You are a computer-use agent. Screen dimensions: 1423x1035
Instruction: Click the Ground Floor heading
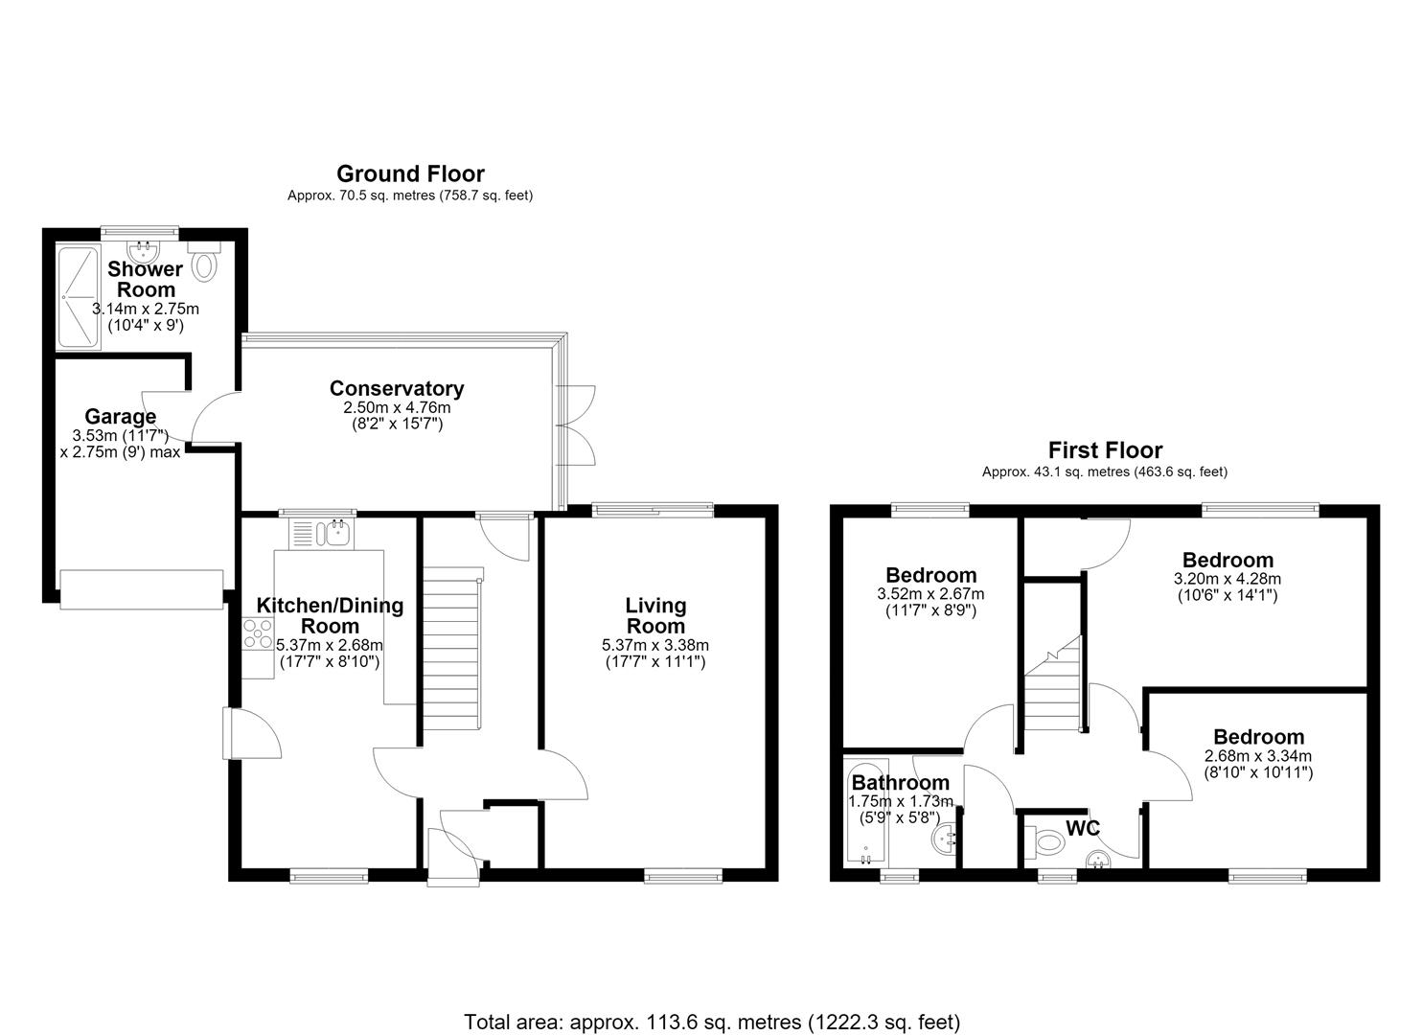410,173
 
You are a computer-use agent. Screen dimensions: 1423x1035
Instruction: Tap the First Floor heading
1105,450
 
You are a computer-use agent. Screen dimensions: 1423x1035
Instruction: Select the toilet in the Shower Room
204,261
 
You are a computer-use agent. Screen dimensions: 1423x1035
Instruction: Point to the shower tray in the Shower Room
79,296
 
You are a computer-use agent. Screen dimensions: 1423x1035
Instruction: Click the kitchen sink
322,534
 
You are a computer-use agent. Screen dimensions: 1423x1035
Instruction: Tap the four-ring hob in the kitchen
257,634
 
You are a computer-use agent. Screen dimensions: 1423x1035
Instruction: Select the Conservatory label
397,388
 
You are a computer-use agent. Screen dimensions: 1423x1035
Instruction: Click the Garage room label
120,417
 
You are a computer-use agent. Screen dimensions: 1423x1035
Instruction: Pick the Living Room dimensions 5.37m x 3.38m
654,646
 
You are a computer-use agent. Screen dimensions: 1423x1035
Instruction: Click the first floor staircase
1053,683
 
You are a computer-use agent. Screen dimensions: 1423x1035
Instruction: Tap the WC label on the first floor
1083,829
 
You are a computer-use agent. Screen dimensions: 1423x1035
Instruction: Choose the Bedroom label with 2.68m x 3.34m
1258,737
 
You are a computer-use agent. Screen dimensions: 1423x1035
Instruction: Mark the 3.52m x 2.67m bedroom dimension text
930,595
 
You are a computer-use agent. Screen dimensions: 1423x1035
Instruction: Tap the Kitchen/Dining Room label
330,615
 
